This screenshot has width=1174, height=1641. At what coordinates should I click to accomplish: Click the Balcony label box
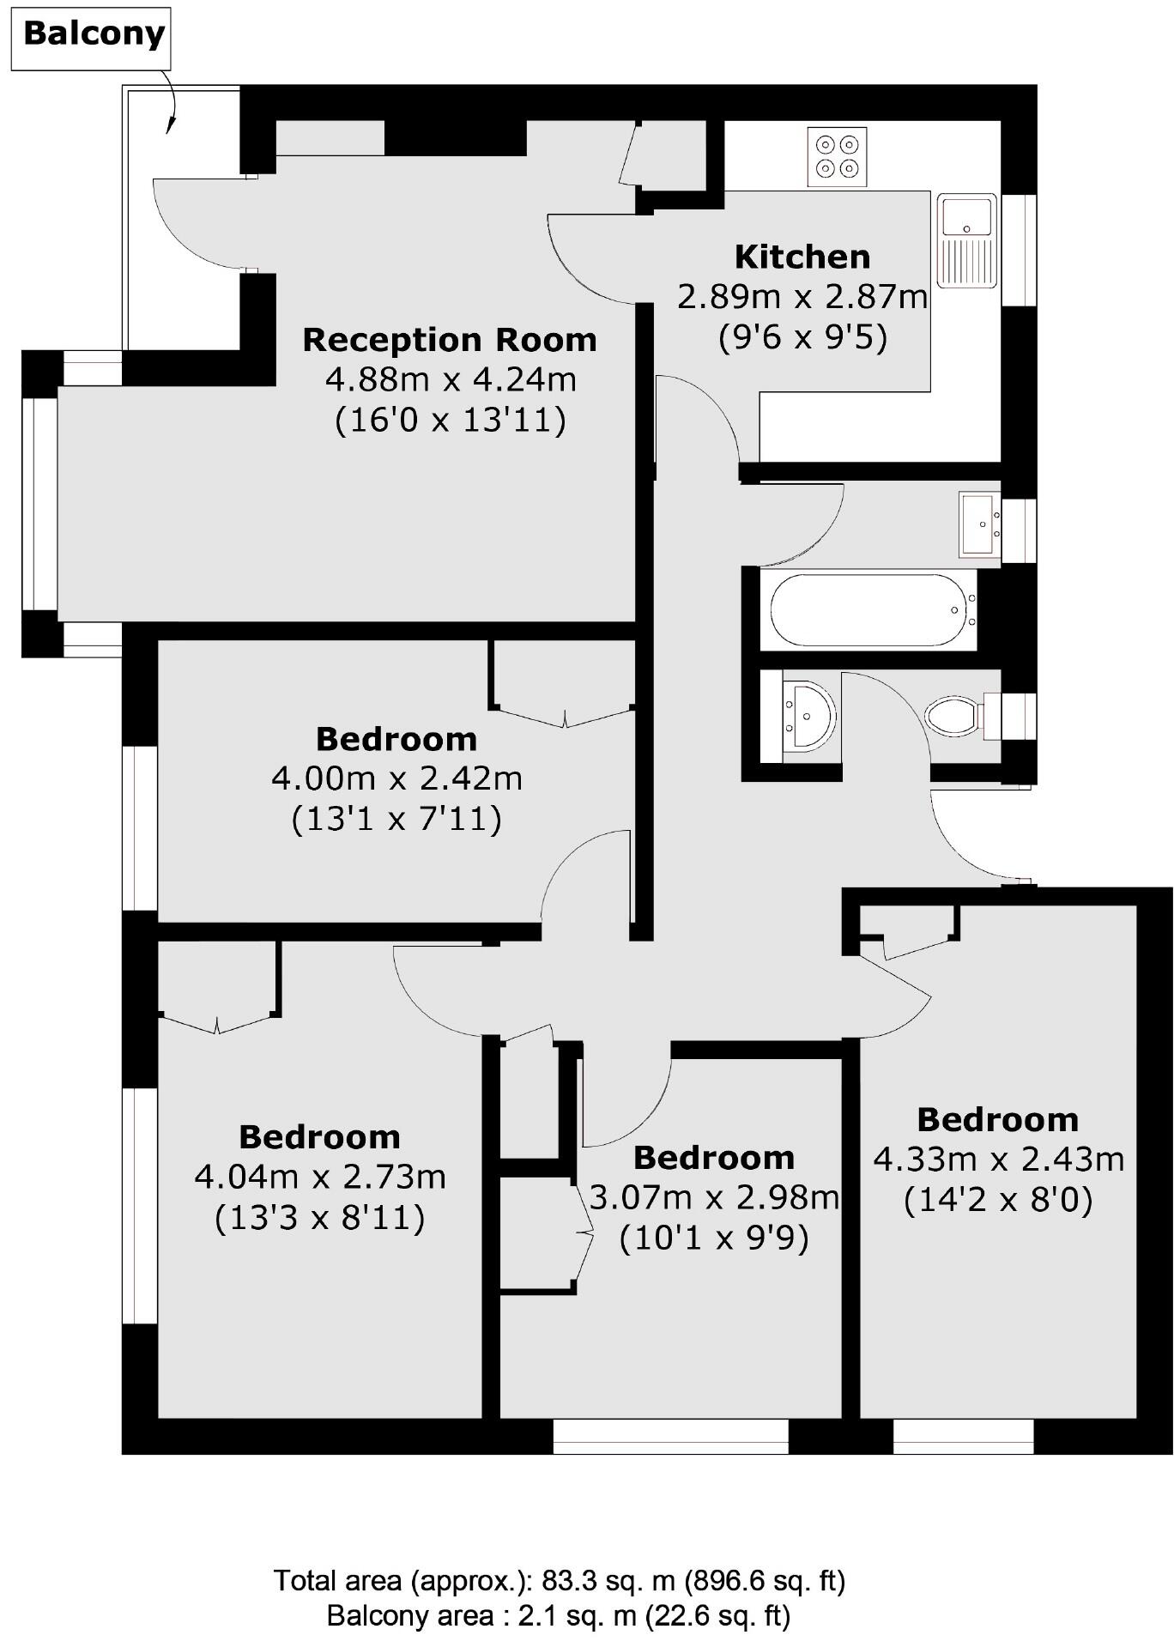(x=94, y=35)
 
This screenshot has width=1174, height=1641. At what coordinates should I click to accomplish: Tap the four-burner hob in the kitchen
(x=837, y=156)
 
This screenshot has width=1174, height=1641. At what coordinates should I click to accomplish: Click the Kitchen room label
(x=802, y=257)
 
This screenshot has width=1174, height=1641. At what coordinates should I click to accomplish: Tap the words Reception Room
(x=450, y=340)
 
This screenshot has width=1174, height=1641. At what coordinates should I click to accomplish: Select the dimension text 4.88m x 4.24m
(x=450, y=378)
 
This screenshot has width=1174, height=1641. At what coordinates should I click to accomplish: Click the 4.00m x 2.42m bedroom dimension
(x=396, y=778)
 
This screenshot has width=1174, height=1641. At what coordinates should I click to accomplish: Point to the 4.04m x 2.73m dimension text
(x=320, y=1177)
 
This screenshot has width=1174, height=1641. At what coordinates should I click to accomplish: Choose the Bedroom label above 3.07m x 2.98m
(x=714, y=1158)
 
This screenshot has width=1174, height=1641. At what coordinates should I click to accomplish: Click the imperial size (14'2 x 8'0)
(x=998, y=1199)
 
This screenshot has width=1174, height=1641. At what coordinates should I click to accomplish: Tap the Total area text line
(x=560, y=1580)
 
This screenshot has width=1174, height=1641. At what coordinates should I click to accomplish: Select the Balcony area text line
(x=558, y=1616)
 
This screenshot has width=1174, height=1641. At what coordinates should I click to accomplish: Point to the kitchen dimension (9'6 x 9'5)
(x=802, y=336)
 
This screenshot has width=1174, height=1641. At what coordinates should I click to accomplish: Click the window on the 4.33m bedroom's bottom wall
(x=963, y=1436)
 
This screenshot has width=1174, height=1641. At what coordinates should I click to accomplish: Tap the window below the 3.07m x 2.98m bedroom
(x=670, y=1436)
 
